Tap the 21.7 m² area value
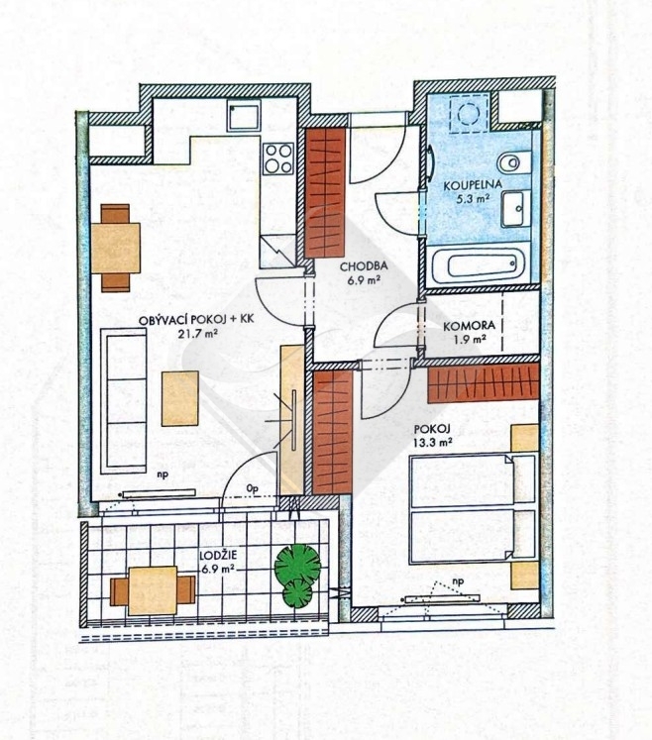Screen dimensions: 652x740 click(197, 334)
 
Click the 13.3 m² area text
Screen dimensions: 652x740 click(433, 442)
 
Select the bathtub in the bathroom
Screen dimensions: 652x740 click(480, 265)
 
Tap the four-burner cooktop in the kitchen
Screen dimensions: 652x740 click(278, 159)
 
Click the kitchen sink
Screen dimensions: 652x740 click(244, 118)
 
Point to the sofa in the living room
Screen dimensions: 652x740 click(123, 400)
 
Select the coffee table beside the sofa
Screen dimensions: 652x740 click(180, 398)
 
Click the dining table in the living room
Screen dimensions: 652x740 click(116, 248)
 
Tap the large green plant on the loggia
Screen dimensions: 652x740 click(297, 563)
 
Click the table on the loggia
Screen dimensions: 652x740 click(153, 590)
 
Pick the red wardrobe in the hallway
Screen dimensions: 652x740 click(325, 192)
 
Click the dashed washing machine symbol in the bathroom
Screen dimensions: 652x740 click(469, 113)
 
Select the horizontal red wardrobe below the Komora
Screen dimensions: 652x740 click(484, 382)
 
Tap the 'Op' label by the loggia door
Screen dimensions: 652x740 click(253, 488)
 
